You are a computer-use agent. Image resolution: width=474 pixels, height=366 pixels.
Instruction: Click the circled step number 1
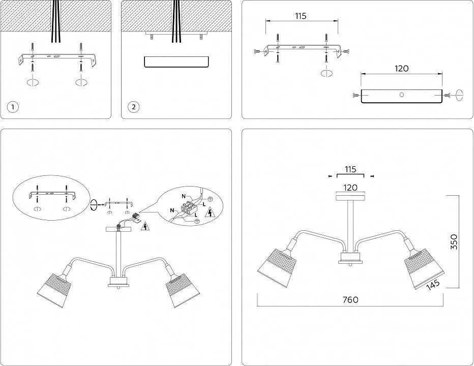pyautogui.click(x=13, y=107)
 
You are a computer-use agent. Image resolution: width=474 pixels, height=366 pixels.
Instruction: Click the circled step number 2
pyautogui.click(x=134, y=107)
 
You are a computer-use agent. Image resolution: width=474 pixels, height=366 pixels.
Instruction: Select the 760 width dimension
pyautogui.click(x=350, y=299)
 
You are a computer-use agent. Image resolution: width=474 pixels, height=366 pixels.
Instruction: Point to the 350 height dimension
pyautogui.click(x=454, y=242)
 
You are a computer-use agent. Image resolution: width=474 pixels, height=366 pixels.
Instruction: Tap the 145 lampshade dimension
pyautogui.click(x=433, y=285)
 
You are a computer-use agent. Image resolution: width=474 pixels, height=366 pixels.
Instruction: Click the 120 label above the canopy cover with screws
pyautogui.click(x=401, y=69)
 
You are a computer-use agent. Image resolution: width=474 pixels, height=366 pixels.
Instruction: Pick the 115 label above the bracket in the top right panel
pyautogui.click(x=301, y=16)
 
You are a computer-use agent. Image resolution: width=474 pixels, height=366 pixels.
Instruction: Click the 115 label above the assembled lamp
pyautogui.click(x=350, y=169)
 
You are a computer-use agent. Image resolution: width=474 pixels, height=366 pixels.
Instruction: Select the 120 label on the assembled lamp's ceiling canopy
pyautogui.click(x=350, y=188)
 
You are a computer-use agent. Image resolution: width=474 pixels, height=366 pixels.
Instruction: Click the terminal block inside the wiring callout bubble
pyautogui.click(x=189, y=209)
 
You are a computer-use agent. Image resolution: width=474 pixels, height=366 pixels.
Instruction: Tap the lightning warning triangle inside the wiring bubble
pyautogui.click(x=209, y=213)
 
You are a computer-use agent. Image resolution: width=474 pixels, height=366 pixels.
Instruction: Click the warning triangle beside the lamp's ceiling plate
pyautogui.click(x=145, y=226)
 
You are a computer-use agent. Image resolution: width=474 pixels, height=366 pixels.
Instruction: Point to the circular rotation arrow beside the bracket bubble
pyautogui.click(x=94, y=204)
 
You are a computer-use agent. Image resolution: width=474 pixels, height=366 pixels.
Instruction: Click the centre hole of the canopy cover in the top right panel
pyautogui.click(x=401, y=95)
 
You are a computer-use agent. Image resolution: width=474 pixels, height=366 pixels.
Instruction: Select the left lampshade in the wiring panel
pyautogui.click(x=54, y=290)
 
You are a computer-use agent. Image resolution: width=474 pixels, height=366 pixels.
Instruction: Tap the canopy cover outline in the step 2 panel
pyautogui.click(x=176, y=62)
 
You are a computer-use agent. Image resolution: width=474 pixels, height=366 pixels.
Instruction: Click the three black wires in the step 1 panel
pyautogui.click(x=55, y=21)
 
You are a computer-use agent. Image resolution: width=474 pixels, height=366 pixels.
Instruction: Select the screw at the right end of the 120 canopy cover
pyautogui.click(x=448, y=96)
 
